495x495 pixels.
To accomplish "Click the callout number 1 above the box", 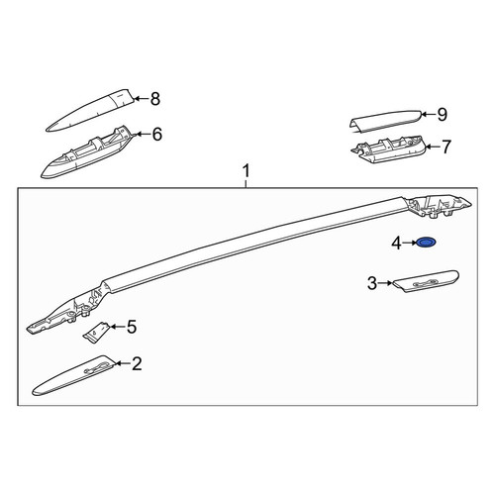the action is click(247, 171).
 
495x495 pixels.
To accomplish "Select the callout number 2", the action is click(137, 363).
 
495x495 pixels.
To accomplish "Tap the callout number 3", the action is click(372, 283).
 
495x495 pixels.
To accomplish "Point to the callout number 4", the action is click(396, 244).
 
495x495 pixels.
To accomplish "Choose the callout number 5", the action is click(132, 327).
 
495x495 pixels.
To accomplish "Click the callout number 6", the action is click(157, 134).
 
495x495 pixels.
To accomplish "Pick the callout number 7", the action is click(445, 147).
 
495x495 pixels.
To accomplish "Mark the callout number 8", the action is click(154, 98).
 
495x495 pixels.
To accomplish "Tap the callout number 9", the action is click(442, 114).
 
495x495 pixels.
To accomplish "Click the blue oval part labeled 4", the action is click(427, 243).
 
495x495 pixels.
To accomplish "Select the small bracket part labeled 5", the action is click(95, 333).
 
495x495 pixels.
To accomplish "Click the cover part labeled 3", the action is click(425, 281).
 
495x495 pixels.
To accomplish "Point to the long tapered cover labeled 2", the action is click(74, 375).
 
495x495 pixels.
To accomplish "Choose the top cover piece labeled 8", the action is click(90, 110).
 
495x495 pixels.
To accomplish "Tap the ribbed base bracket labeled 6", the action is click(86, 152).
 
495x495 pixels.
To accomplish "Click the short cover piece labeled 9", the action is click(385, 122).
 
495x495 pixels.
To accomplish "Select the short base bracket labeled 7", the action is click(388, 148).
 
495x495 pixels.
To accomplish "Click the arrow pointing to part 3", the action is click(385, 283).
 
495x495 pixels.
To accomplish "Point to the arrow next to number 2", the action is click(123, 363).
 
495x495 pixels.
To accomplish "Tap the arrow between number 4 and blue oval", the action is click(410, 243).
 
